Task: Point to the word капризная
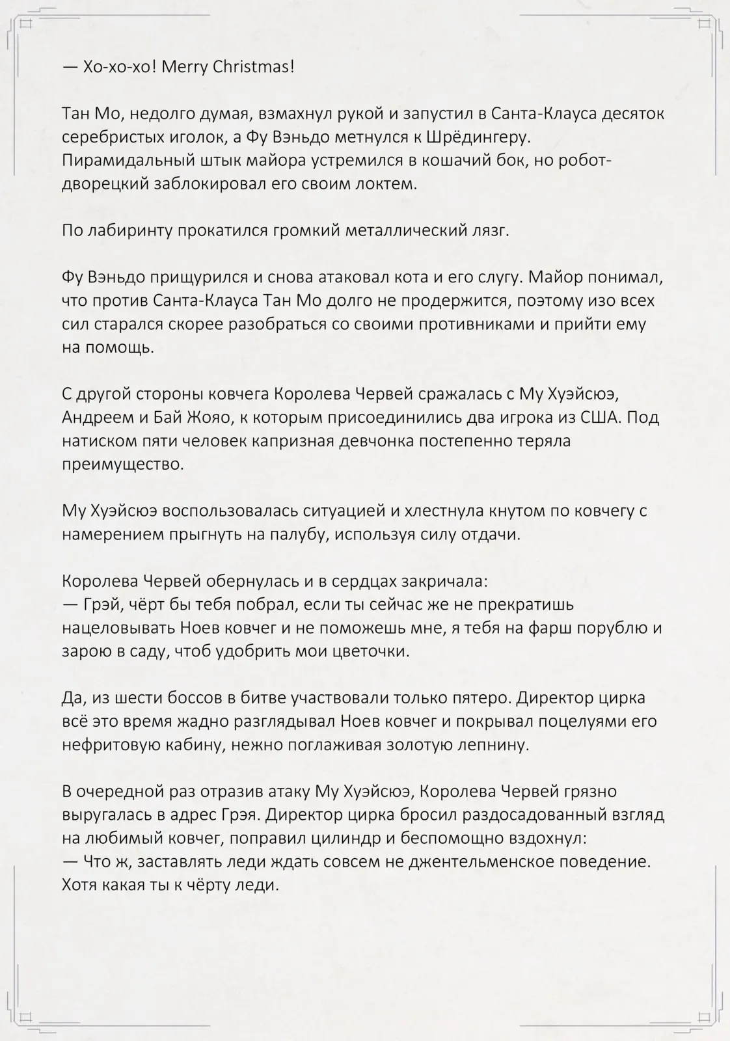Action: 288,440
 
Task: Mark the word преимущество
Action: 123,464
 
